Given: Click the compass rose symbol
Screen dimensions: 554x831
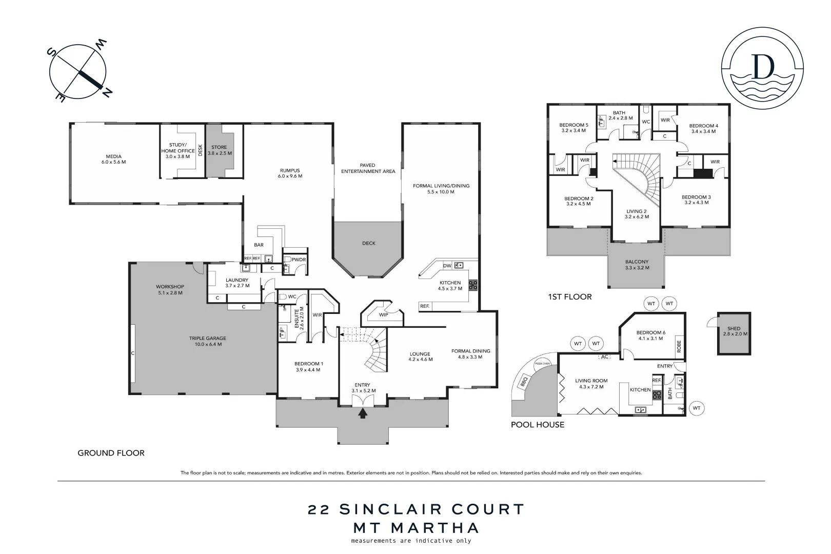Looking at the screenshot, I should click(78, 72).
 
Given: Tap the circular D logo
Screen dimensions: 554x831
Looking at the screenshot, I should click(762, 68).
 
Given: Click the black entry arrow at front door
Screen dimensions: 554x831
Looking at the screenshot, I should click(363, 413).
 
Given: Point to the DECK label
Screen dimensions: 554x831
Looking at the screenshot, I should click(369, 243).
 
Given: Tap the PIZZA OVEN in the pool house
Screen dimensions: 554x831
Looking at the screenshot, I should click(542, 363).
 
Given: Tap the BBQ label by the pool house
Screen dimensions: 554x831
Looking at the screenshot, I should click(524, 382).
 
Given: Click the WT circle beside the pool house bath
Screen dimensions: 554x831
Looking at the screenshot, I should click(696, 408).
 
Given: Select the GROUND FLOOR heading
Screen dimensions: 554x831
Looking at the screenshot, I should click(111, 453).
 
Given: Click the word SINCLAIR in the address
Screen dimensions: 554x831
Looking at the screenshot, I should click(390, 509).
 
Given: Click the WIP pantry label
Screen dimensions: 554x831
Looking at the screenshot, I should click(383, 315).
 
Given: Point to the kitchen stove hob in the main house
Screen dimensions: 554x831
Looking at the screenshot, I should click(472, 285).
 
